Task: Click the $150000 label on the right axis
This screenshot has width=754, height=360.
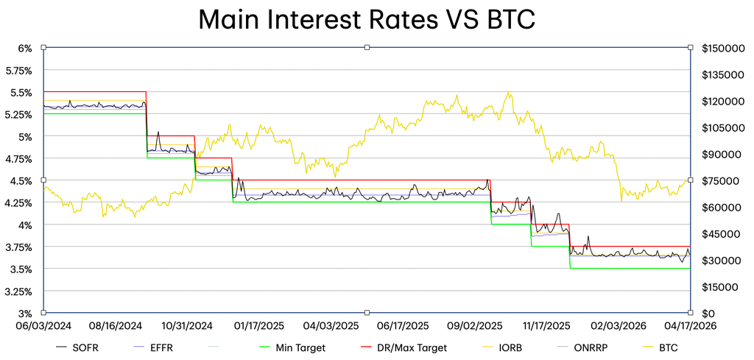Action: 723,48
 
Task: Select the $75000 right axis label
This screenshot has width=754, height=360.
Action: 721,180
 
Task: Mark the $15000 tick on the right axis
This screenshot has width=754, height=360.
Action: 721,287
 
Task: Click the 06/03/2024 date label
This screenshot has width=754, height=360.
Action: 43,326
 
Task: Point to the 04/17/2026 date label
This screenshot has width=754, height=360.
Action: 689,326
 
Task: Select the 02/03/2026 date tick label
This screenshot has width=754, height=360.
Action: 618,326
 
